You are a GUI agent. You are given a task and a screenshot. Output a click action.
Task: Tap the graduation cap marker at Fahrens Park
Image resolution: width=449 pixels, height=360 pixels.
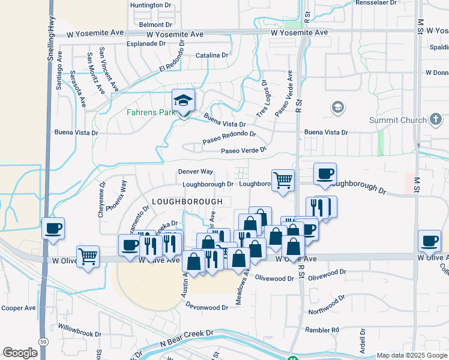coord(184,100)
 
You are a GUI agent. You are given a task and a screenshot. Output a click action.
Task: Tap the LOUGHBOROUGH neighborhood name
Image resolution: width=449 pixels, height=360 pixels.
coord(187,201)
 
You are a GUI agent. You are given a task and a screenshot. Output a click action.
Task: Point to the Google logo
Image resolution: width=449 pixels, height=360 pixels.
coord(20,353)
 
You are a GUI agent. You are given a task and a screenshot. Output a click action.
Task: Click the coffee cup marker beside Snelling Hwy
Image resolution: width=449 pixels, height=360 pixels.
coord(53,229)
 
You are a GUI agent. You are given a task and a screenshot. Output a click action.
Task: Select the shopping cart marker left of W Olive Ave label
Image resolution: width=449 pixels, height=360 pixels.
coord(88,257)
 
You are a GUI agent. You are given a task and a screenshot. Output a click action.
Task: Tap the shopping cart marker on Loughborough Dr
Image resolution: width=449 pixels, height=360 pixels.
coord(283,179)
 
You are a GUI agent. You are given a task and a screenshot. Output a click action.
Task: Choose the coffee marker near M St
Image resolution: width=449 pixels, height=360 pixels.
coord(430,241)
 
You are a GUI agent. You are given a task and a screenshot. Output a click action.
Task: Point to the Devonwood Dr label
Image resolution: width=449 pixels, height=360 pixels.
coord(208,307)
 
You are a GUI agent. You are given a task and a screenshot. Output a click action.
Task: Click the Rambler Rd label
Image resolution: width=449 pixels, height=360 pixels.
coord(322,330)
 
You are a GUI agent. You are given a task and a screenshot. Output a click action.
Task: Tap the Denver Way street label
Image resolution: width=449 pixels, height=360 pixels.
coord(196,172)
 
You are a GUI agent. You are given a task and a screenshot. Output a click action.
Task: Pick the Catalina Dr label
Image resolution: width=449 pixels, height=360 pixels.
coord(212,55)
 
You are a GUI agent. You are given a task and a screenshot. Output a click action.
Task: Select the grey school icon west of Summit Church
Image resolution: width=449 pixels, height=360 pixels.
coord(337,107)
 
